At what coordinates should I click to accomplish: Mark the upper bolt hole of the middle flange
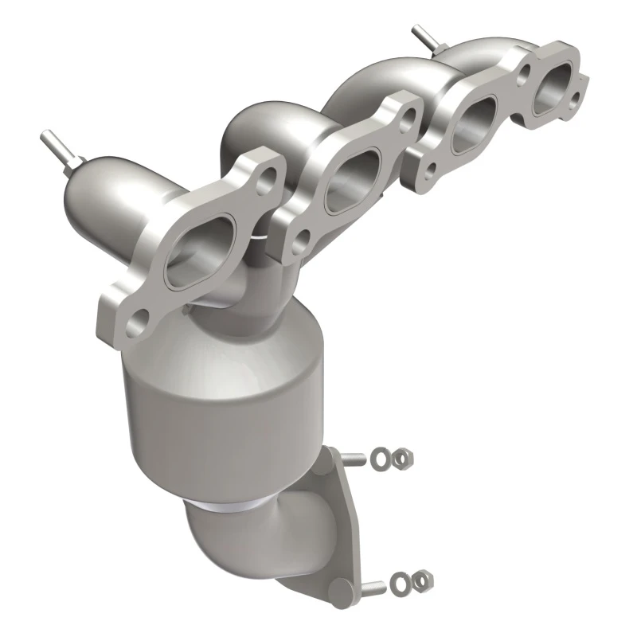click(x=408, y=118)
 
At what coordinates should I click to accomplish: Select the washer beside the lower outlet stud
click(x=404, y=582)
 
